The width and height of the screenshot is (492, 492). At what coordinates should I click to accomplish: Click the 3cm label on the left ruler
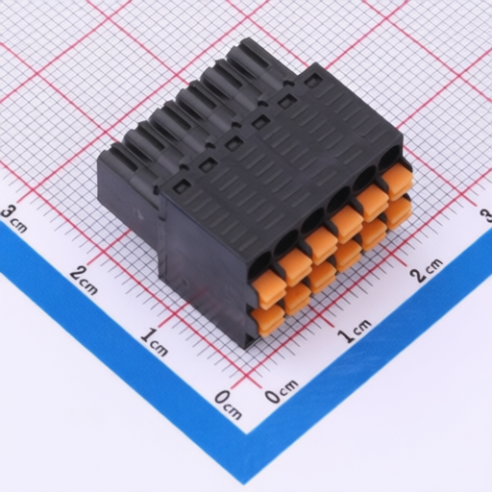(13, 219)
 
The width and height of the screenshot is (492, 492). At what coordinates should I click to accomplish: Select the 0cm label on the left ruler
(228, 405)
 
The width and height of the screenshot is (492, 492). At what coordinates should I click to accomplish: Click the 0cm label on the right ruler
(282, 391)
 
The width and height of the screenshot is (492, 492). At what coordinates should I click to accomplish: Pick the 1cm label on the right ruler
(355, 331)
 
